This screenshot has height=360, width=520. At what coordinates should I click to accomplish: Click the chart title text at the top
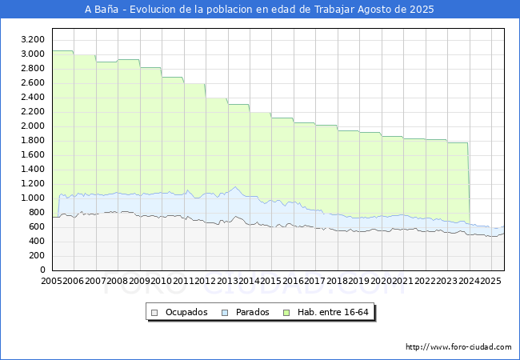click(x=259, y=10)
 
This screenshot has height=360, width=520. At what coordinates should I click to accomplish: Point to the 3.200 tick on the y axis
click(x=33, y=39)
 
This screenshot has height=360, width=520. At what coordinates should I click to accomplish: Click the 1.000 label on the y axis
click(x=33, y=198)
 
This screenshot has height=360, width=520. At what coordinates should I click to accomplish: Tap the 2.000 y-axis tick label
click(x=33, y=126)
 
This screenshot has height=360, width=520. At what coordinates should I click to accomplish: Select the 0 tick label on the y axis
click(x=42, y=270)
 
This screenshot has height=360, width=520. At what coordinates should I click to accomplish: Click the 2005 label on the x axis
click(x=51, y=281)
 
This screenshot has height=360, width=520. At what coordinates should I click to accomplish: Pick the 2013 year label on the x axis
click(x=228, y=281)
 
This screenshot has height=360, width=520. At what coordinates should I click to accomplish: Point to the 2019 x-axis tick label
click(x=359, y=281)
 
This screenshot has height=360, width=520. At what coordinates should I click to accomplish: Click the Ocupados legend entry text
click(x=186, y=312)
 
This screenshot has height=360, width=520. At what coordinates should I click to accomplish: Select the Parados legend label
click(x=251, y=312)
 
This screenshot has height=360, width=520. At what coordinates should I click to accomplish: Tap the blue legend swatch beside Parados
click(x=226, y=312)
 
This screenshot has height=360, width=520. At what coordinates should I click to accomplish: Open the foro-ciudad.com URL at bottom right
click(x=458, y=347)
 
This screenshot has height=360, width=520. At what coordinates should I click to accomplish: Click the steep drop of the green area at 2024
click(x=468, y=184)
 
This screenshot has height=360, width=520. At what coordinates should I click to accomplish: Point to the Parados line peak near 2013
click(x=235, y=187)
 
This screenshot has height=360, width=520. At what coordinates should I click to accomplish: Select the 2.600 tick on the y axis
click(x=33, y=82)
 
